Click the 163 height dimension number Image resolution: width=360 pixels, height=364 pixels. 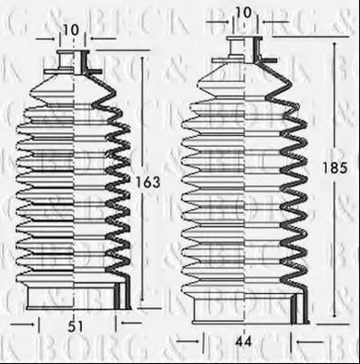(148, 182)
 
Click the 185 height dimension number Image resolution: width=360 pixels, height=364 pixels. (335, 168)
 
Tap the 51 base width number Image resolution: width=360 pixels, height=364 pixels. (75, 327)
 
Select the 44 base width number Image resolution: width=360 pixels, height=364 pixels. (243, 341)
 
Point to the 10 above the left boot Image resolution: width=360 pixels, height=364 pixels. (71, 30)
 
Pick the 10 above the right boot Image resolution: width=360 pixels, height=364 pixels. (243, 13)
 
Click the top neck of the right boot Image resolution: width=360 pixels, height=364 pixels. (244, 50)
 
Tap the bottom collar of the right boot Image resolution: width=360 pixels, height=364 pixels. (250, 309)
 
